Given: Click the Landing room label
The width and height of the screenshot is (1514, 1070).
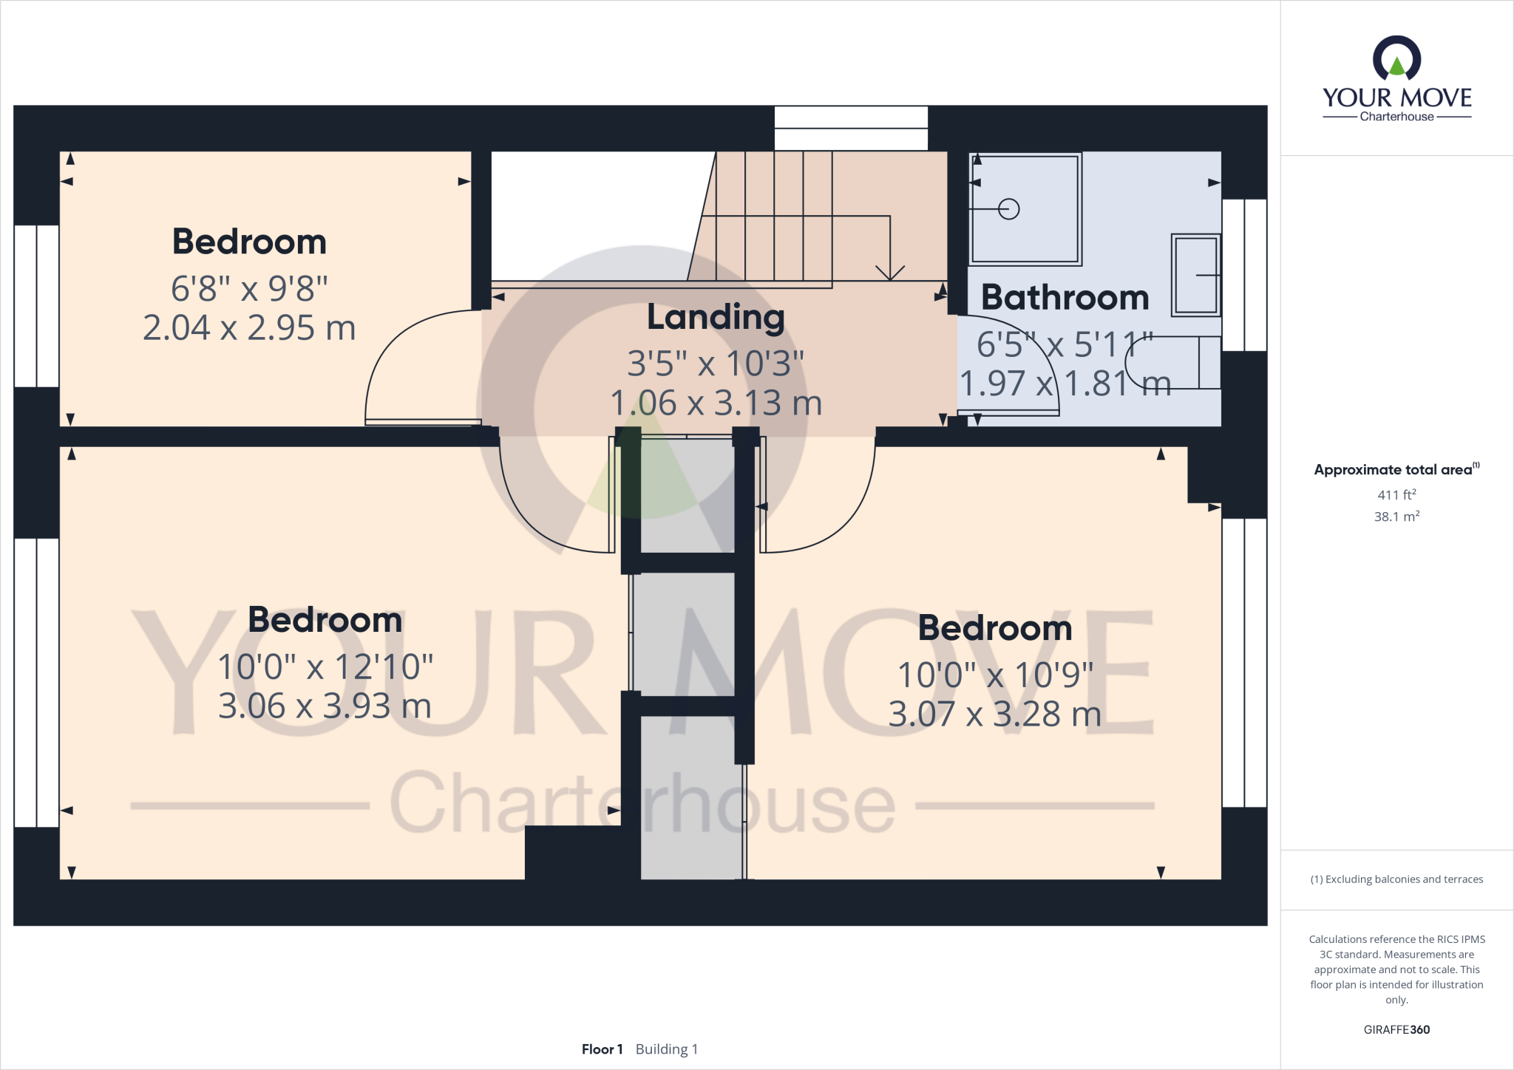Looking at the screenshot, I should (x=716, y=318).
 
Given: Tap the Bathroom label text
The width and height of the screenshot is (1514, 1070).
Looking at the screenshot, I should (x=1065, y=298).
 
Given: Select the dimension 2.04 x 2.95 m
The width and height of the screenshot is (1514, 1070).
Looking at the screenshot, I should (x=249, y=328).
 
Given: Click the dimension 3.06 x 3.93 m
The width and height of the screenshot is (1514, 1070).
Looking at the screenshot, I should (x=325, y=706).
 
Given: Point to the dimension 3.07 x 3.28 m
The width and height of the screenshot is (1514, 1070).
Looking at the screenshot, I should (x=994, y=715).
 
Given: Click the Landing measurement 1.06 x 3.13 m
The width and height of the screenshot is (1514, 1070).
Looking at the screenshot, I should (x=716, y=403).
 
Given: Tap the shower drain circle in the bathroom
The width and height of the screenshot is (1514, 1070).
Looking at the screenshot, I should (x=1008, y=210).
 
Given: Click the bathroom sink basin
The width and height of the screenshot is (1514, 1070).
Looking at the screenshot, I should (x=1195, y=275).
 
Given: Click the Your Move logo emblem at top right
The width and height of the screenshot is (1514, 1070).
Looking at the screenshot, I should (x=1396, y=59).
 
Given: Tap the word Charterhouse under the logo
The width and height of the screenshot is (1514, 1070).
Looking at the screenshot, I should (x=1396, y=117).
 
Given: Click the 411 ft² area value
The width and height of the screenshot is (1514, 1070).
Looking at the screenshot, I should (x=1396, y=495).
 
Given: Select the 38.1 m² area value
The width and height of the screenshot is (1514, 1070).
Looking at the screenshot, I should (x=1396, y=517).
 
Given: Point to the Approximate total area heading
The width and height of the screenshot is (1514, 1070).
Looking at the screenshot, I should (x=1394, y=470).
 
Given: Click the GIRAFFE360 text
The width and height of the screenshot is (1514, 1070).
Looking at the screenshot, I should (x=1396, y=1029).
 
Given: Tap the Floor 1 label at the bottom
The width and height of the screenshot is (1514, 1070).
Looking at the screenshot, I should (x=602, y=1049).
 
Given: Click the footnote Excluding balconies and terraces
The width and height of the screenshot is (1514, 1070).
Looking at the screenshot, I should (x=1396, y=879).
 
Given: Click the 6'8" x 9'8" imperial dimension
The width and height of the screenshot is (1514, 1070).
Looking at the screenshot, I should (x=249, y=288).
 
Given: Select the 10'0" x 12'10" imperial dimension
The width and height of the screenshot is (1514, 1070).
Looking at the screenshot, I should (x=325, y=667).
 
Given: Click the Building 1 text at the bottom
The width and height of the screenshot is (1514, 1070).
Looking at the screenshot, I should (x=666, y=1049).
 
